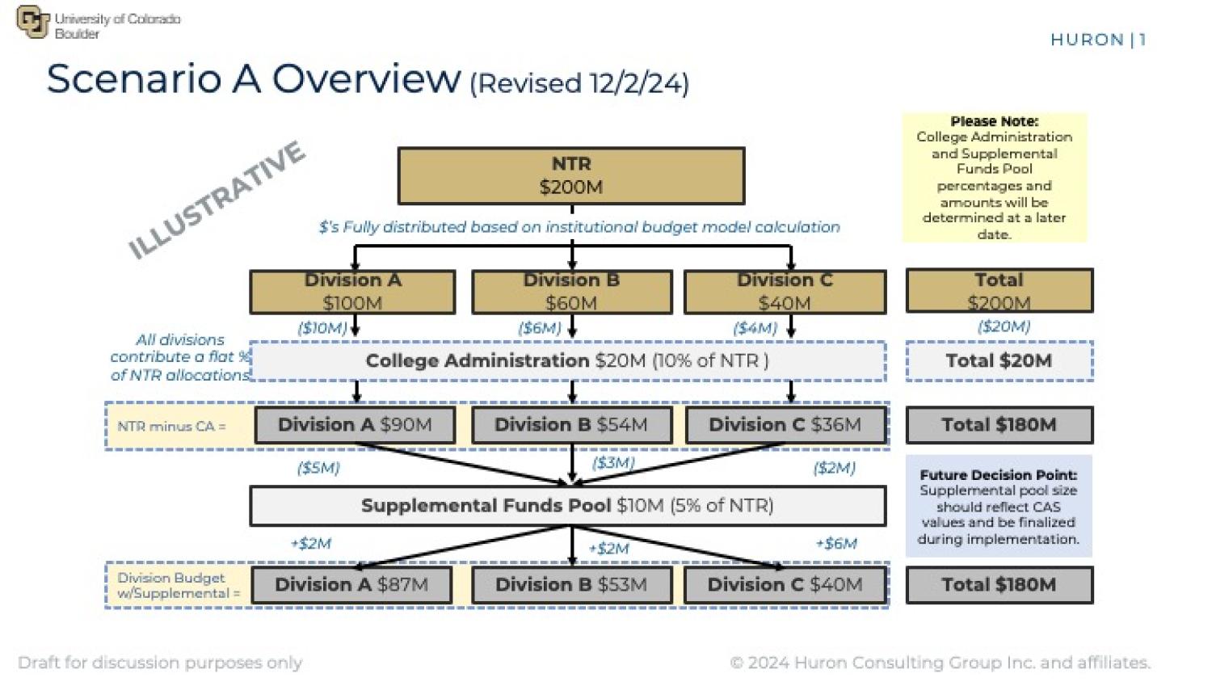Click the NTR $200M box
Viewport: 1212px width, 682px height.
[571, 175]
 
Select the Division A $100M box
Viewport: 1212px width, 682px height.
[352, 292]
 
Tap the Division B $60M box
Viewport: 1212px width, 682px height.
[571, 292]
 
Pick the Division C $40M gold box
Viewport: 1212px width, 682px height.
[785, 292]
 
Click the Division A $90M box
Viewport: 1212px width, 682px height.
[355, 425]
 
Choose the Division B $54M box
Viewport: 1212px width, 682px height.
[571, 425]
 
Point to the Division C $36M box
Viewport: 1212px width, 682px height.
[785, 425]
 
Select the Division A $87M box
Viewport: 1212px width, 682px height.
[351, 585]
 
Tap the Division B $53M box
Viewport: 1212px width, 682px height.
[571, 585]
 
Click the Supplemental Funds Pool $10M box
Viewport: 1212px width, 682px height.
[567, 506]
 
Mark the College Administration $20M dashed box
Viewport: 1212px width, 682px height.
[567, 361]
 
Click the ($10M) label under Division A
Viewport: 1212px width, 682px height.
[322, 328]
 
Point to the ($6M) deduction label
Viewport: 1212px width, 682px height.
[539, 328]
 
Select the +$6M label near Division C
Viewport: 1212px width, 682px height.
[836, 544]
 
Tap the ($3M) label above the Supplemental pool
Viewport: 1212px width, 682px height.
[613, 463]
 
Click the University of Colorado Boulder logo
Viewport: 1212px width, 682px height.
[32, 22]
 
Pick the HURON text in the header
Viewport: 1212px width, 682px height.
[1088, 40]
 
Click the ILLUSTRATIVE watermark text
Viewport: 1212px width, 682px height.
[217, 200]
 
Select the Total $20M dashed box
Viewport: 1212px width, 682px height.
[999, 361]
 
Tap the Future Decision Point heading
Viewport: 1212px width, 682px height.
[999, 475]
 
